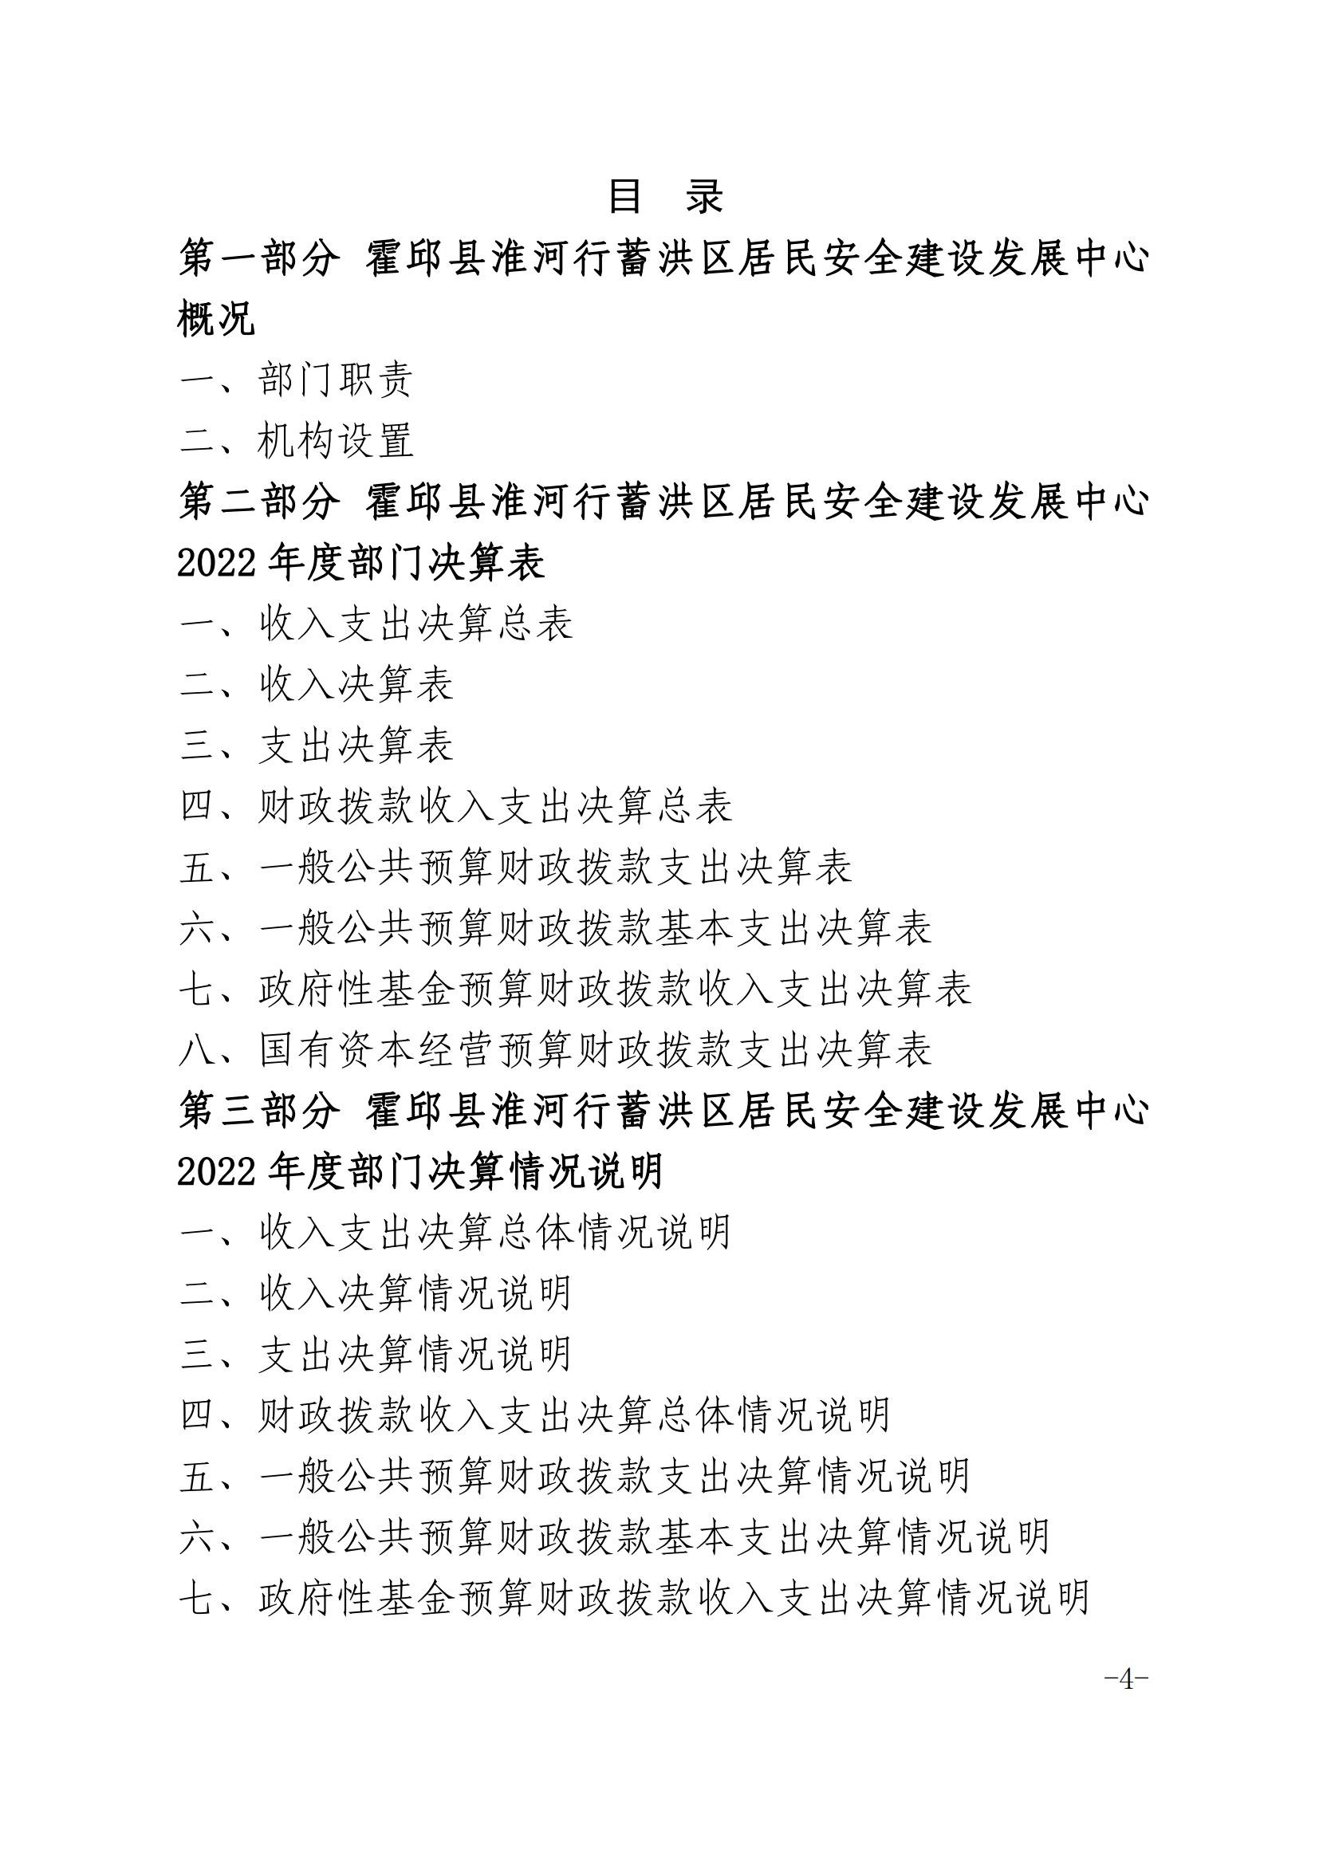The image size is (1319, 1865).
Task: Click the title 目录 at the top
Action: click(665, 198)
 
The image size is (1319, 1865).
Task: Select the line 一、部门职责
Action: click(297, 380)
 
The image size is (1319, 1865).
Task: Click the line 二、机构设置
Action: click(297, 441)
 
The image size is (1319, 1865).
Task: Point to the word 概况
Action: click(216, 319)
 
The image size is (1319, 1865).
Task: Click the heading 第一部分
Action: click(259, 259)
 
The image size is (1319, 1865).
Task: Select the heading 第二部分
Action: click(259, 502)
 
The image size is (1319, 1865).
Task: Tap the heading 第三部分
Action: click(259, 1111)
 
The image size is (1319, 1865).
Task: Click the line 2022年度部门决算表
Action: click(360, 563)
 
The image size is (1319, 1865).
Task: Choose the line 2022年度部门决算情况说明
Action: click(421, 1172)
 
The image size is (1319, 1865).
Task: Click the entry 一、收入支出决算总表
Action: click(377, 624)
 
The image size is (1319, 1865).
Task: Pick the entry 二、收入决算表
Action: click(317, 685)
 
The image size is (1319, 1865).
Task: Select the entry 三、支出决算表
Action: click(317, 746)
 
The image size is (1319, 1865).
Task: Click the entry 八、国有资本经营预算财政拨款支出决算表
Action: click(556, 1050)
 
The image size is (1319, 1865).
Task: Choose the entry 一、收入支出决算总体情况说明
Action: click(455, 1233)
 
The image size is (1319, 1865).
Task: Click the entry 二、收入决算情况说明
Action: click(376, 1294)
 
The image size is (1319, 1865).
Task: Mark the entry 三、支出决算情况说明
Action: click(376, 1355)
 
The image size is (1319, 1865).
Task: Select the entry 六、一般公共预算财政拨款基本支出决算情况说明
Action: click(615, 1537)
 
